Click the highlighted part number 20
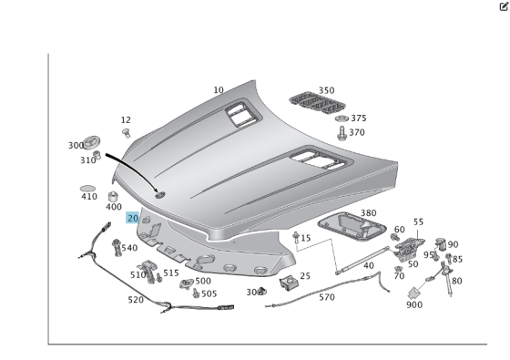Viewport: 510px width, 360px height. click(x=133, y=218)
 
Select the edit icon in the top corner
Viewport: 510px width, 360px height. click(x=504, y=6)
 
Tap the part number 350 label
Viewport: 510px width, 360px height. click(x=326, y=90)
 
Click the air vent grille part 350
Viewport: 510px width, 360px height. click(x=317, y=102)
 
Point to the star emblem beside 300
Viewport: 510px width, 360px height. click(x=91, y=142)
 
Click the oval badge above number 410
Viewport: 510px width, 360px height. click(x=87, y=189)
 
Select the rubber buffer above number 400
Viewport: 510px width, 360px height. click(x=113, y=197)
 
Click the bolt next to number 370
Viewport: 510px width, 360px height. click(x=342, y=133)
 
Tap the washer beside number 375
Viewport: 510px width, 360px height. click(x=342, y=118)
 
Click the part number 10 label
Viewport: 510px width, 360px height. click(x=219, y=90)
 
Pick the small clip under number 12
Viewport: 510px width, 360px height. click(x=127, y=133)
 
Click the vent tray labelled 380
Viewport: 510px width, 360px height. click(x=352, y=227)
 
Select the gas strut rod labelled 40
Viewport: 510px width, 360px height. click(x=363, y=260)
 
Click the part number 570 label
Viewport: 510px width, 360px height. click(x=327, y=297)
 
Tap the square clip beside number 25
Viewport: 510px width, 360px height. click(x=289, y=283)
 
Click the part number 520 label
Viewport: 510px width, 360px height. click(x=136, y=300)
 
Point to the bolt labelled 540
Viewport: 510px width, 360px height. click(x=117, y=248)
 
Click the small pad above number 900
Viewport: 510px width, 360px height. click(x=414, y=293)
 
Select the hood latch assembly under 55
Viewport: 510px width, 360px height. click(x=409, y=249)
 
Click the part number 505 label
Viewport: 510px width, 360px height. click(x=209, y=293)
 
